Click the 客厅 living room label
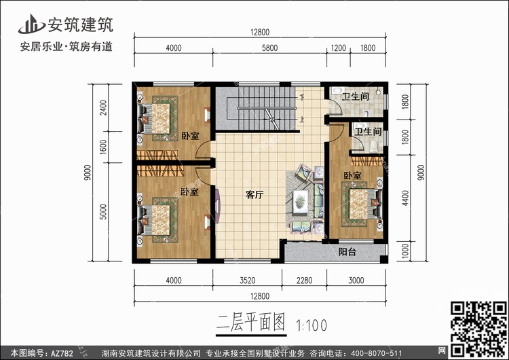coord(254,195)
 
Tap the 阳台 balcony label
coord(347,252)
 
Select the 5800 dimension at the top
coord(269,48)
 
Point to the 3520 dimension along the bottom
coord(247,281)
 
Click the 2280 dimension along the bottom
coord(304,281)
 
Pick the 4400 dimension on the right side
coord(405,198)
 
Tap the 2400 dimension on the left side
coord(103,107)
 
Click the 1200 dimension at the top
coord(338,48)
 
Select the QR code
coord(479,329)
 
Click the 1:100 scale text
coord(312,325)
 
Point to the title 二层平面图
coord(250,323)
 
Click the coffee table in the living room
coord(300,202)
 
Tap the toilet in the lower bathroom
coord(374,146)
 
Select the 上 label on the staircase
coord(302,120)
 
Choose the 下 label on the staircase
coord(302,97)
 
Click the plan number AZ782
coord(62,353)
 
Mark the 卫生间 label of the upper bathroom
coord(356,96)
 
